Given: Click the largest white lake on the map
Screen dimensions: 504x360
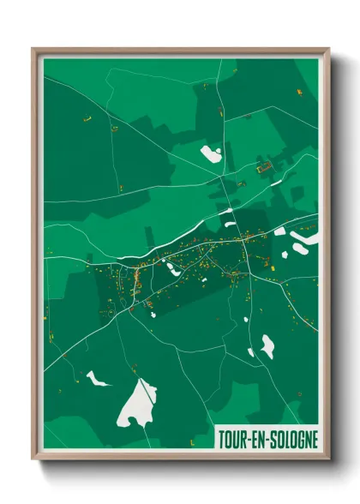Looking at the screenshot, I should pos(139,403).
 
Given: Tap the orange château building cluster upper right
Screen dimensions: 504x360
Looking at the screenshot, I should pos(266,165).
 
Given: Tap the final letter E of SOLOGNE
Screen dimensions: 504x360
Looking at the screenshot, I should pos(314,439).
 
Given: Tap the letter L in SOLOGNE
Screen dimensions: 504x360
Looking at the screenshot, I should pos(285,439).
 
